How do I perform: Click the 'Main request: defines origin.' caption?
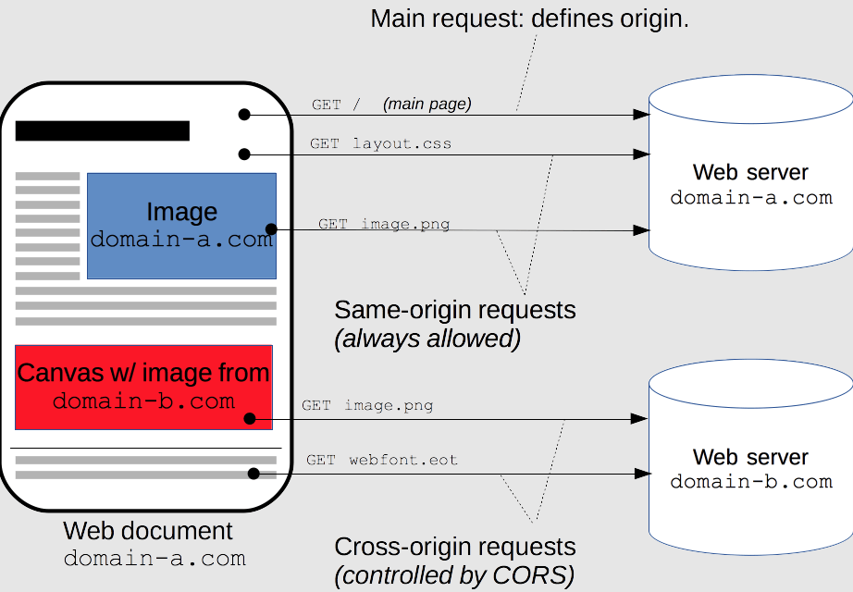coord(529,19)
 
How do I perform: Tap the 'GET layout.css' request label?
coord(381,143)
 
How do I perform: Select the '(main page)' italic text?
coord(427,104)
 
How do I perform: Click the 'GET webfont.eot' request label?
coord(382,460)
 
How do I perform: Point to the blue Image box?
coord(181,226)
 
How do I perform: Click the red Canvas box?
coord(143,388)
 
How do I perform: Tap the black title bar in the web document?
coord(103,131)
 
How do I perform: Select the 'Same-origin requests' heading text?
coord(455,310)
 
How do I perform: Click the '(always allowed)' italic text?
coord(427,339)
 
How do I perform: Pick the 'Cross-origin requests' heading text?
coord(455,547)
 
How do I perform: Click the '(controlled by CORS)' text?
coord(455,575)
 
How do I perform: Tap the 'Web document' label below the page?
coord(148,531)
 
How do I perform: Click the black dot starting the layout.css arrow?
coord(244,154)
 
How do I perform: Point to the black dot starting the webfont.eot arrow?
coord(253,474)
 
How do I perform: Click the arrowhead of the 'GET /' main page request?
coord(641,115)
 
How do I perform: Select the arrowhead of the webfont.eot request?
coord(643,474)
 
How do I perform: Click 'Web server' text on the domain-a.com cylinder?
coord(750,172)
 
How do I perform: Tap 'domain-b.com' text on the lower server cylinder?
coord(751,482)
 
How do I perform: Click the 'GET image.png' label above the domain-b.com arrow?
coord(367,405)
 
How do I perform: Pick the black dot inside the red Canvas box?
coord(250,418)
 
